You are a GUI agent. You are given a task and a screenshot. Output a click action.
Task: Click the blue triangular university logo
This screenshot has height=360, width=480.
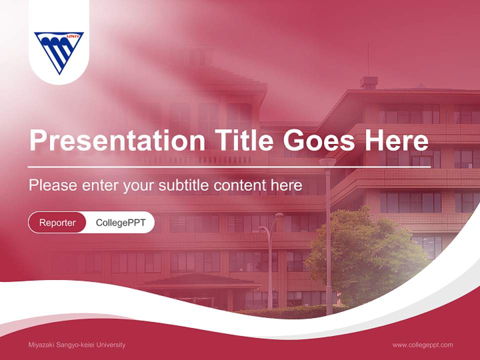pos(59,52)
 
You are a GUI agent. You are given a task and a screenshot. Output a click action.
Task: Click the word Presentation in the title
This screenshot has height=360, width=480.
pos(116,140)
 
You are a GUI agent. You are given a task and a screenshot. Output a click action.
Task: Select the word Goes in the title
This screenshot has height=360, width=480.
pos(320,140)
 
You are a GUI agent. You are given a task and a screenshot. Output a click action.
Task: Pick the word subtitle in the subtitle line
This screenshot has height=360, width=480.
pos(184,185)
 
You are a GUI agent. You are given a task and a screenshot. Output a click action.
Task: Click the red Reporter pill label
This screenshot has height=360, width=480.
pos(57,222)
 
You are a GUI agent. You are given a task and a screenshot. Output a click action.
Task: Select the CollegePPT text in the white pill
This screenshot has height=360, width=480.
pos(120,222)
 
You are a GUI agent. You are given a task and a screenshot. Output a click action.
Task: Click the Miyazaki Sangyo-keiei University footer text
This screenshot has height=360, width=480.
pos(77,345)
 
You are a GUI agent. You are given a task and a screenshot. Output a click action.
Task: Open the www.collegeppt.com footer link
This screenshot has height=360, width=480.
pos(422,345)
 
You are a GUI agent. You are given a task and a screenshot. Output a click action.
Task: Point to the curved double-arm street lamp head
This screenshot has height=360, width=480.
pos(270,220)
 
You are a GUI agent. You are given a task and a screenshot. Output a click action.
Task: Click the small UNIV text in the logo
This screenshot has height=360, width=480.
pos(74,36)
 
